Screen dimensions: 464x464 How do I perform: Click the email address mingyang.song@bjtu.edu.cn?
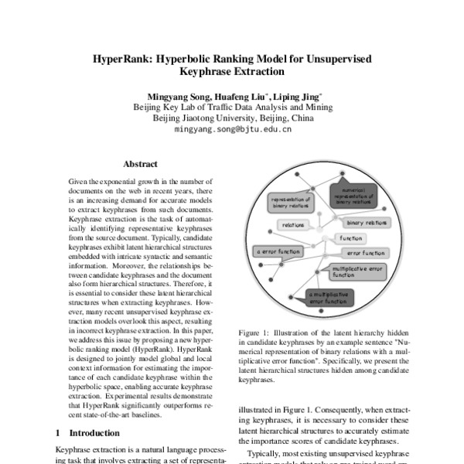[x=232, y=130]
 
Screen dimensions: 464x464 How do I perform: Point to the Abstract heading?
[x=140, y=164]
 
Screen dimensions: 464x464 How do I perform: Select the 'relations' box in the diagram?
[x=292, y=224]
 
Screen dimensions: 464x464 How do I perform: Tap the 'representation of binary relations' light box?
[x=291, y=203]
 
